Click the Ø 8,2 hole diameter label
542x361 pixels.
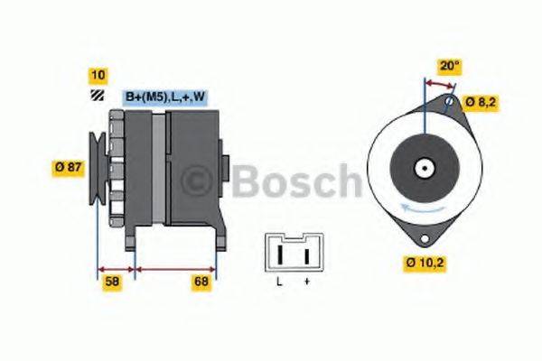click(x=481, y=102)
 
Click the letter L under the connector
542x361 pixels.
click(x=279, y=282)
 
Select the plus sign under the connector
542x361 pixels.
click(x=306, y=282)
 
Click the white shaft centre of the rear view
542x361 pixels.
click(x=422, y=168)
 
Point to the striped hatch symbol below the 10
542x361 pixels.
click(x=96, y=95)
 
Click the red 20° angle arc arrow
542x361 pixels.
click(x=440, y=83)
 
